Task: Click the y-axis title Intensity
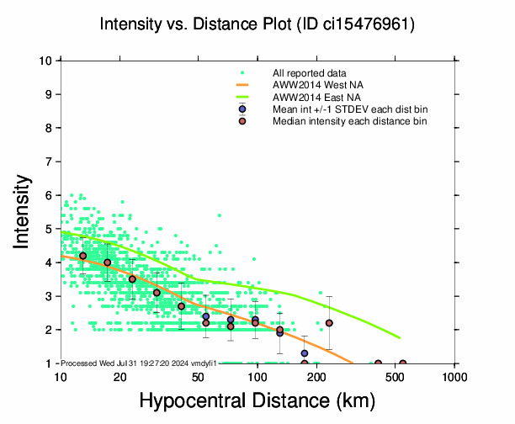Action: coord(24,211)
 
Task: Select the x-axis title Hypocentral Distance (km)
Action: coord(257,400)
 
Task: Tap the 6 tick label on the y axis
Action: coord(51,195)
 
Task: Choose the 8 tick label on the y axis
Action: coord(51,128)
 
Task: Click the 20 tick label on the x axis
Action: coord(119,376)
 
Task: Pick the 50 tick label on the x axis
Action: coord(199,376)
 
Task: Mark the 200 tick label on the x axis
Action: coord(317,376)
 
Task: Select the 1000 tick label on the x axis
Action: coord(455,376)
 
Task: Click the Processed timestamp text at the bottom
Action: coord(140,363)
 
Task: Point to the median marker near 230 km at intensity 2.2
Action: coord(329,323)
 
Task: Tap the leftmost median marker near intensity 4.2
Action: coord(82,256)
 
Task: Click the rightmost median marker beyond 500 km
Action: coord(402,363)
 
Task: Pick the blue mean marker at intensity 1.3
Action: coord(304,353)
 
